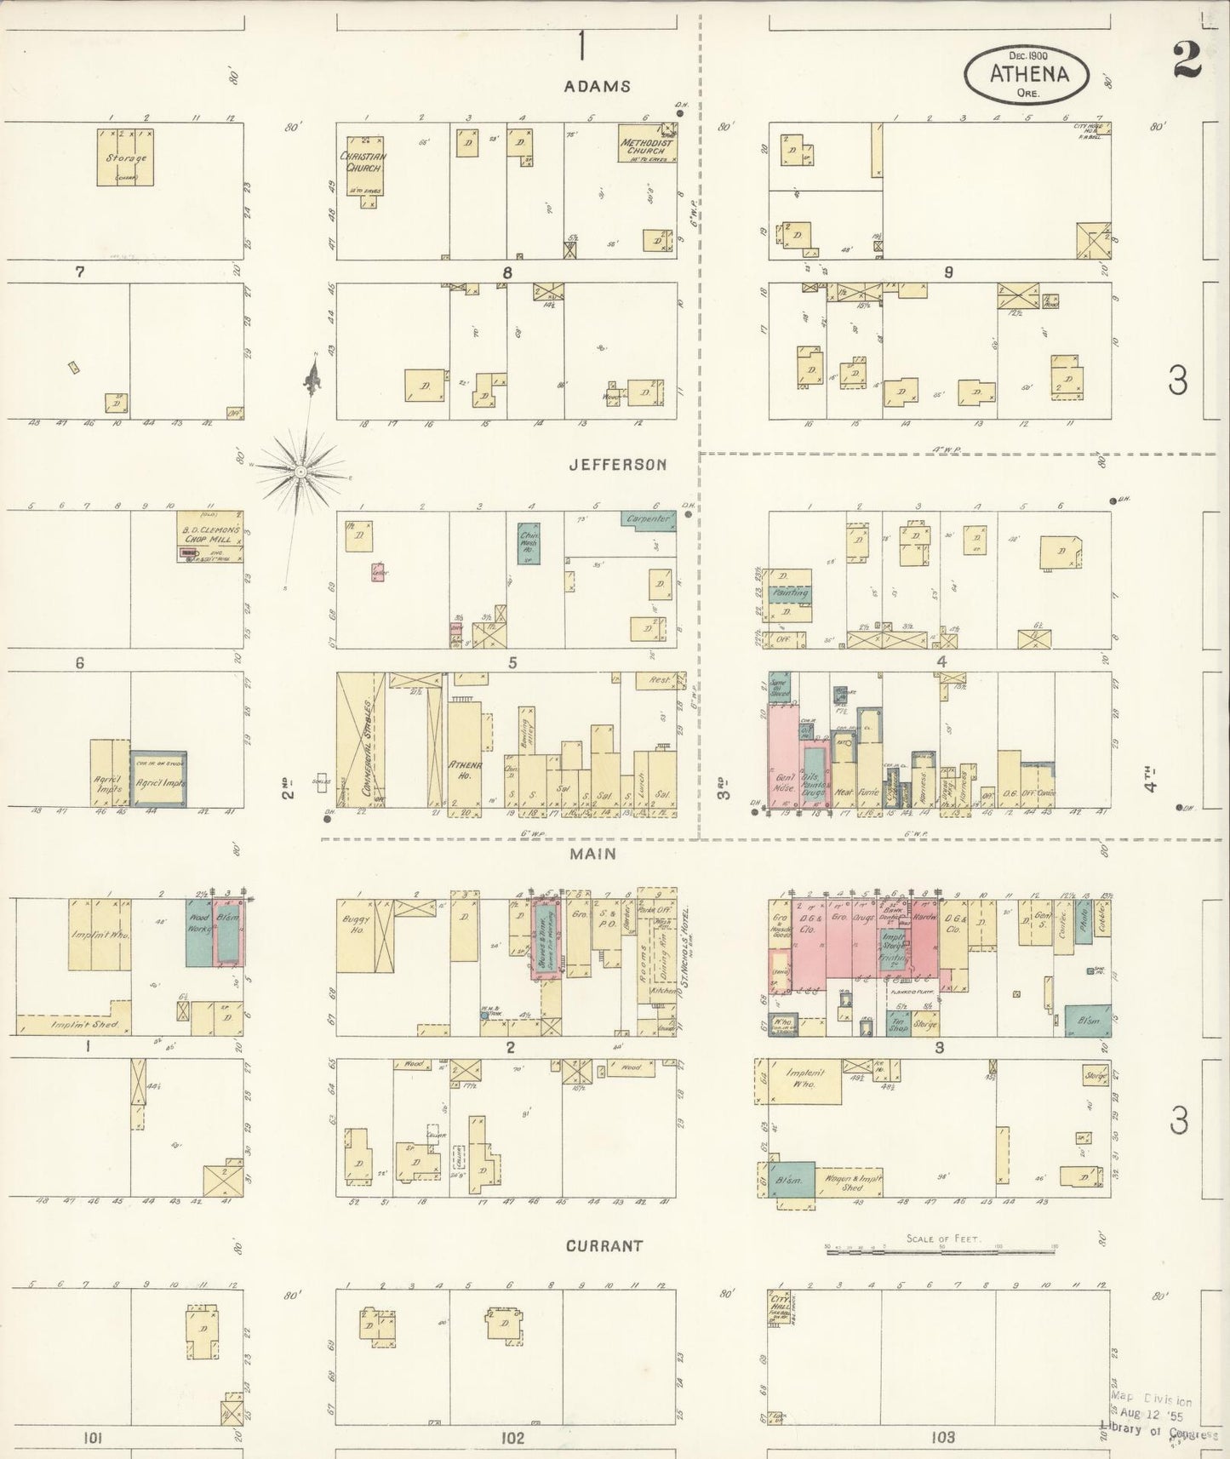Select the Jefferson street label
point(617,465)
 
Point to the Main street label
point(599,854)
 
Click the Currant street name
point(604,1245)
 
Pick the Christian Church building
point(364,163)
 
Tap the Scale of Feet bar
point(941,1249)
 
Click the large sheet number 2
point(1186,59)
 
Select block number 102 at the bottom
point(512,1437)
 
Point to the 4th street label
point(1151,781)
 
